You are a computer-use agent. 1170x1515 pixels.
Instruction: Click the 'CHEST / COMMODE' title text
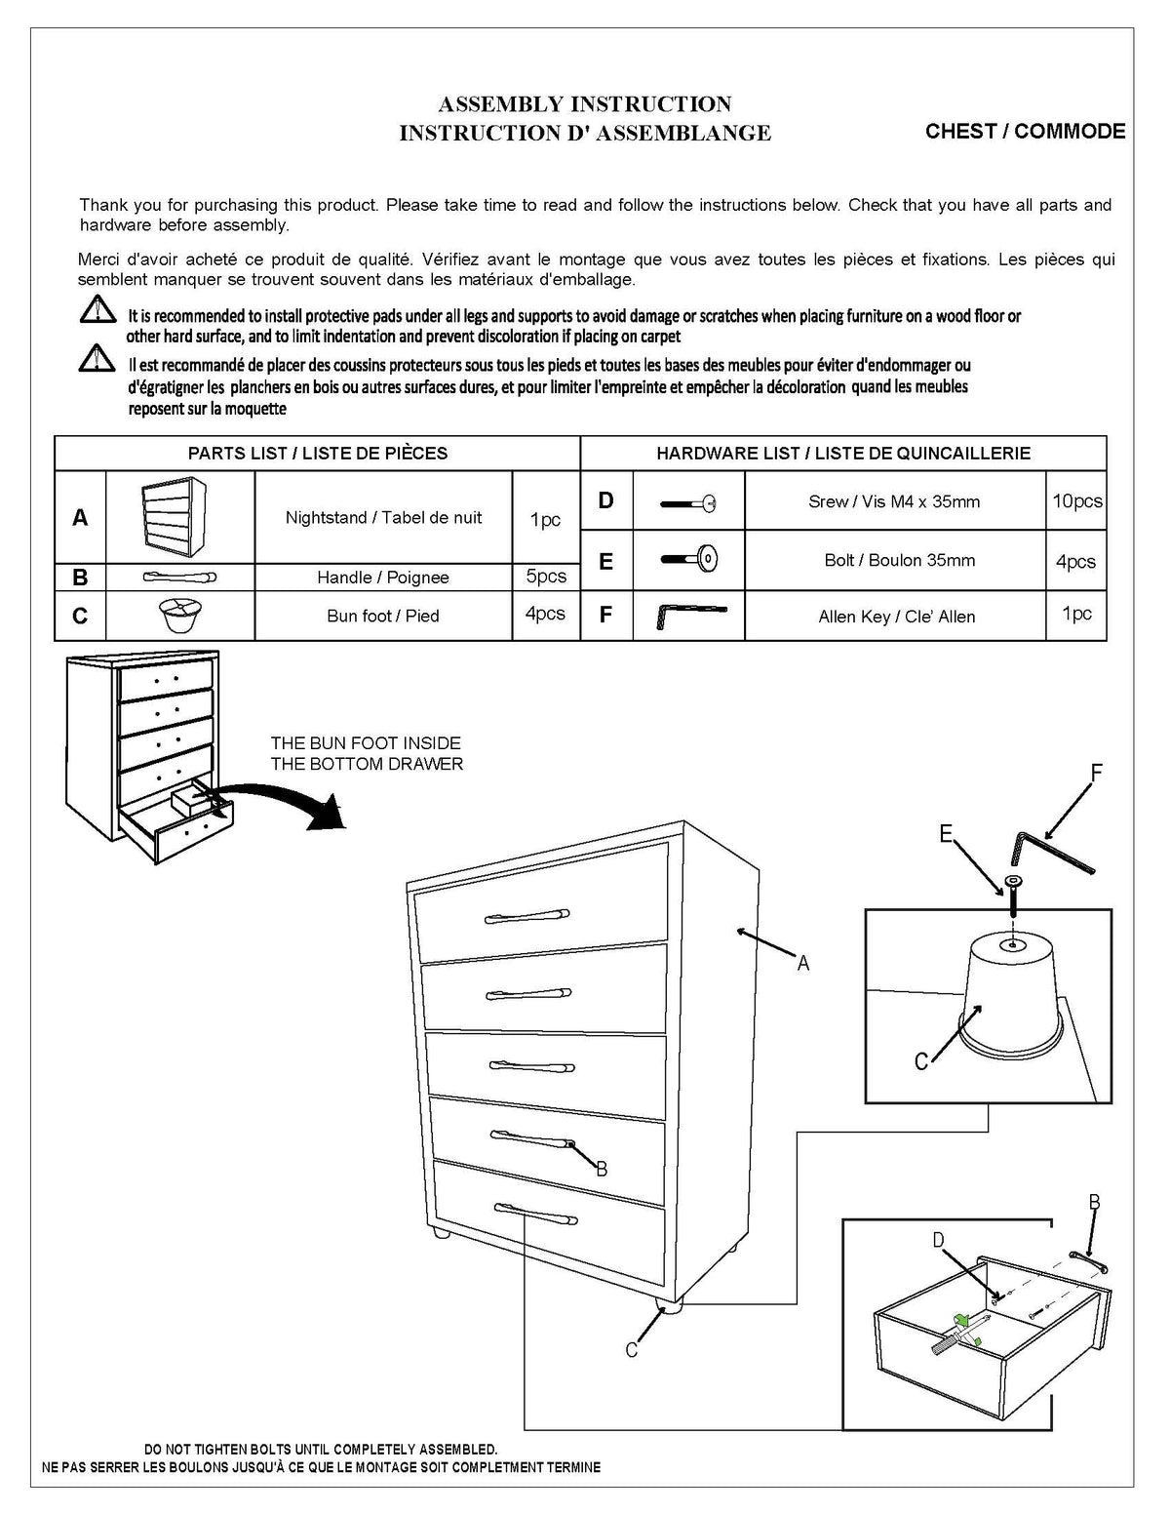[1025, 132]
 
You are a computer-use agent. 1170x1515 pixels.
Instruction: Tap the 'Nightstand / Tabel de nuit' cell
[383, 517]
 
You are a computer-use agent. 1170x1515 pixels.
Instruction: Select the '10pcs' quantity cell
[1076, 501]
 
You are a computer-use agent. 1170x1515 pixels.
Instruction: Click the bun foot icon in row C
[179, 616]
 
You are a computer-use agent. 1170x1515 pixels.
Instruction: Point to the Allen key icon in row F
[689, 615]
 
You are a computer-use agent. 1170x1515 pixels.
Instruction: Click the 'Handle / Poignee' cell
[383, 577]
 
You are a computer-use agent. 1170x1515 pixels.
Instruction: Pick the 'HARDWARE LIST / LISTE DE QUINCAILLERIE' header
[842, 453]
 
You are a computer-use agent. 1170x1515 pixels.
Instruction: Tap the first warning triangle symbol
[97, 310]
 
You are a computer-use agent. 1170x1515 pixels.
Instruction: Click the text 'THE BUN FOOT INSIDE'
[366, 743]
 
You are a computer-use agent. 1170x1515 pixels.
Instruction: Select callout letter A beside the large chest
[803, 964]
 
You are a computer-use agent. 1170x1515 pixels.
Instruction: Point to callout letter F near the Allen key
[1096, 774]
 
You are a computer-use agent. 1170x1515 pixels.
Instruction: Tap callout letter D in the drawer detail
[938, 1240]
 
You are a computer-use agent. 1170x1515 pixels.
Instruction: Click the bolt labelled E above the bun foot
[1013, 894]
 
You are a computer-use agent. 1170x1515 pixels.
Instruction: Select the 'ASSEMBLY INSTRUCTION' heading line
[584, 104]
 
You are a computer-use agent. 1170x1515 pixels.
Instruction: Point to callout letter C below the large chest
[632, 1350]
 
